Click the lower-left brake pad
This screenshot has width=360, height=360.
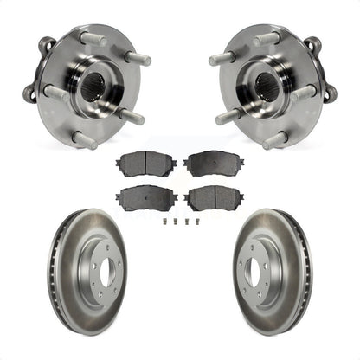pyautogui.click(x=146, y=196)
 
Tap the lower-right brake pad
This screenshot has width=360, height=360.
pyautogui.click(x=213, y=197)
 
